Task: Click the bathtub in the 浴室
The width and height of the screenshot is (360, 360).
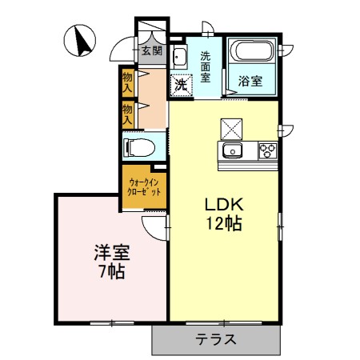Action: (x=253, y=54)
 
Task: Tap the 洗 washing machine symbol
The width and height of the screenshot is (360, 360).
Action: (x=181, y=82)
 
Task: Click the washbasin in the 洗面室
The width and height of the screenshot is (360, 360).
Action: (x=178, y=57)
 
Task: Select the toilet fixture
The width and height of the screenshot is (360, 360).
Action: (x=139, y=147)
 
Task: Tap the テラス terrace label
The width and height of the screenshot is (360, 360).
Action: (x=215, y=338)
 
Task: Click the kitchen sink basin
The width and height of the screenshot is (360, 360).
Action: (x=234, y=150)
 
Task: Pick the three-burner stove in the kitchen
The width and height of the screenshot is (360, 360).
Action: (x=266, y=150)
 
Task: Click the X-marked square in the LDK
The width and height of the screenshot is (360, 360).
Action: (x=231, y=128)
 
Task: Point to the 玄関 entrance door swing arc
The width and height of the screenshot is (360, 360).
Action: (x=122, y=50)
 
